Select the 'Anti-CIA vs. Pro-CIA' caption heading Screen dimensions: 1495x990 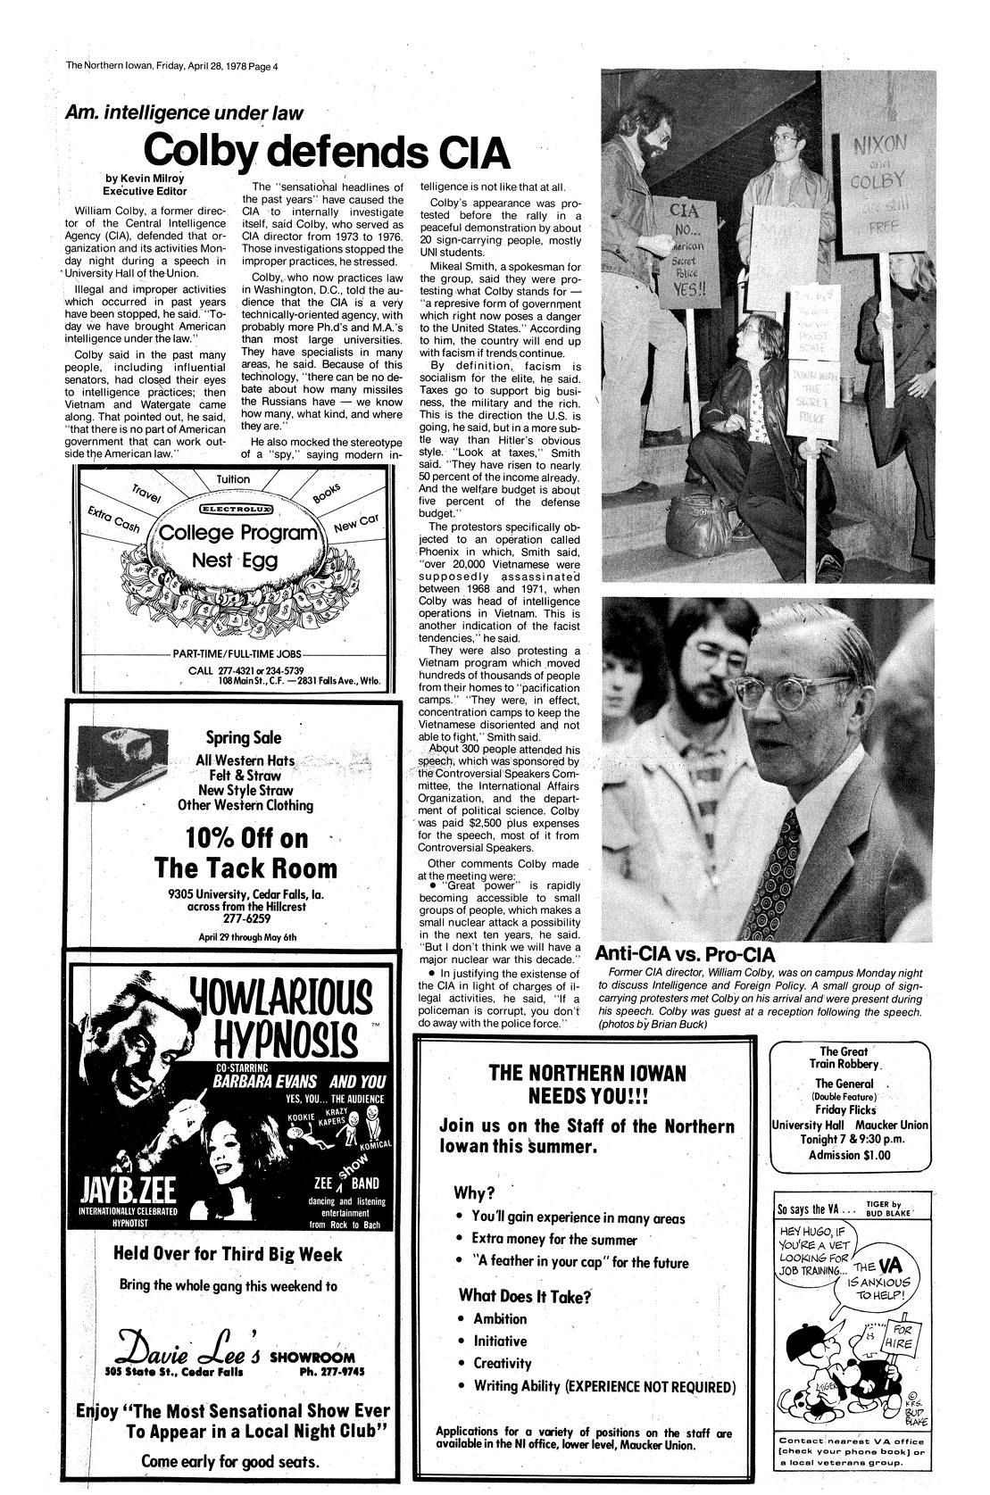pyautogui.click(x=685, y=954)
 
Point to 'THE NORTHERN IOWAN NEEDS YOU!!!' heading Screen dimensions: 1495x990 pyautogui.click(x=586, y=1084)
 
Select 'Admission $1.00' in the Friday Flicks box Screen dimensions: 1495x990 pyautogui.click(x=855, y=1154)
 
